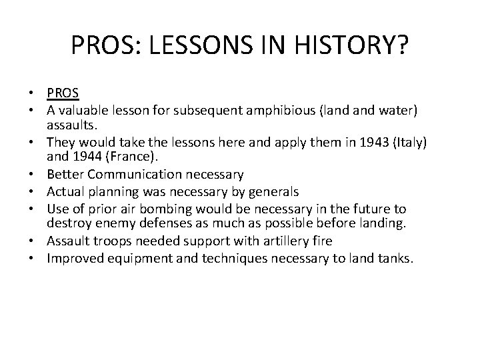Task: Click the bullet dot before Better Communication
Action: coord(37,175)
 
